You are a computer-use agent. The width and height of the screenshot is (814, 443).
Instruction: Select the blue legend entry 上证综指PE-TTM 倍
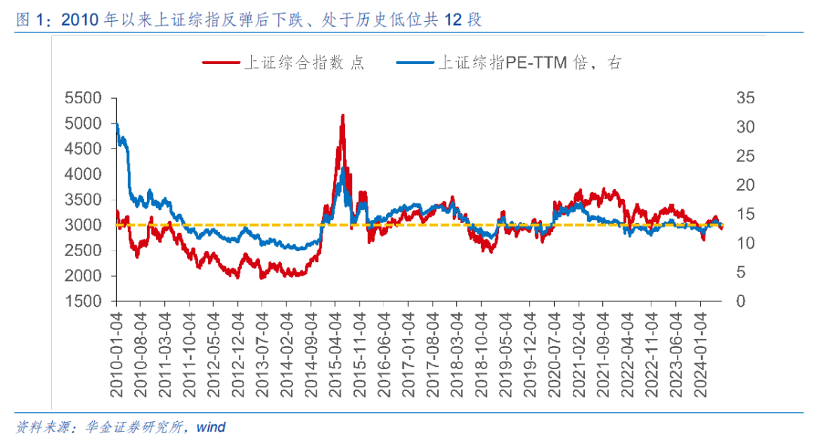pyautogui.click(x=528, y=63)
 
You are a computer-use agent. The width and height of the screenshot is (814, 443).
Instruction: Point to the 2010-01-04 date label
pyautogui.click(x=117, y=350)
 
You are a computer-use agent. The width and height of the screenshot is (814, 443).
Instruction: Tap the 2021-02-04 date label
pyautogui.click(x=579, y=350)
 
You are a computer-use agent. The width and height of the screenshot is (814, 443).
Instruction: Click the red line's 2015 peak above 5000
pyautogui.click(x=343, y=115)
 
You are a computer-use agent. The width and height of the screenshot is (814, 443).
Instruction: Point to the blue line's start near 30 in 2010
pyautogui.click(x=116, y=125)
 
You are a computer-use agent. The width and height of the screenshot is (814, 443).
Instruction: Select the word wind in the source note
pyautogui.click(x=210, y=427)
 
